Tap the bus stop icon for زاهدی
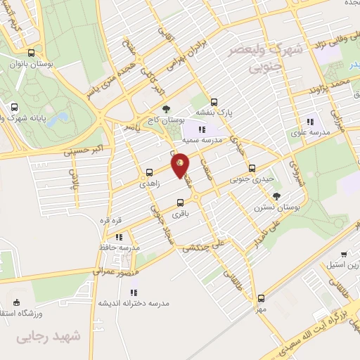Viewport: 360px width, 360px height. point(149,172)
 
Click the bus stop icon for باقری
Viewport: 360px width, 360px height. point(181,204)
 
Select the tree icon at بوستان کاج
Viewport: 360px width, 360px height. point(166,109)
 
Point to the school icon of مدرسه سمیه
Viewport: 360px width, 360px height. point(202,129)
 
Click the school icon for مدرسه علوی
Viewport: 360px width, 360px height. point(310,122)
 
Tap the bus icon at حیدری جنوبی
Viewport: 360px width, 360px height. point(252,168)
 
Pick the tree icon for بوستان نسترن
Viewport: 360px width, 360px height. point(276,196)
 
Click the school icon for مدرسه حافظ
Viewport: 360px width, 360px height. point(119,237)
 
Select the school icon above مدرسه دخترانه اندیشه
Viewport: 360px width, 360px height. point(134,291)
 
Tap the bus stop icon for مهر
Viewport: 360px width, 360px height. point(261,298)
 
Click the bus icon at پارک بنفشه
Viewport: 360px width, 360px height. point(214,101)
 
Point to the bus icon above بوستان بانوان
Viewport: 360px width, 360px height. point(32,53)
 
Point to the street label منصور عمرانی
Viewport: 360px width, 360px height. point(112,271)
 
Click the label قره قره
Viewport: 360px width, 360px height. point(110,220)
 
